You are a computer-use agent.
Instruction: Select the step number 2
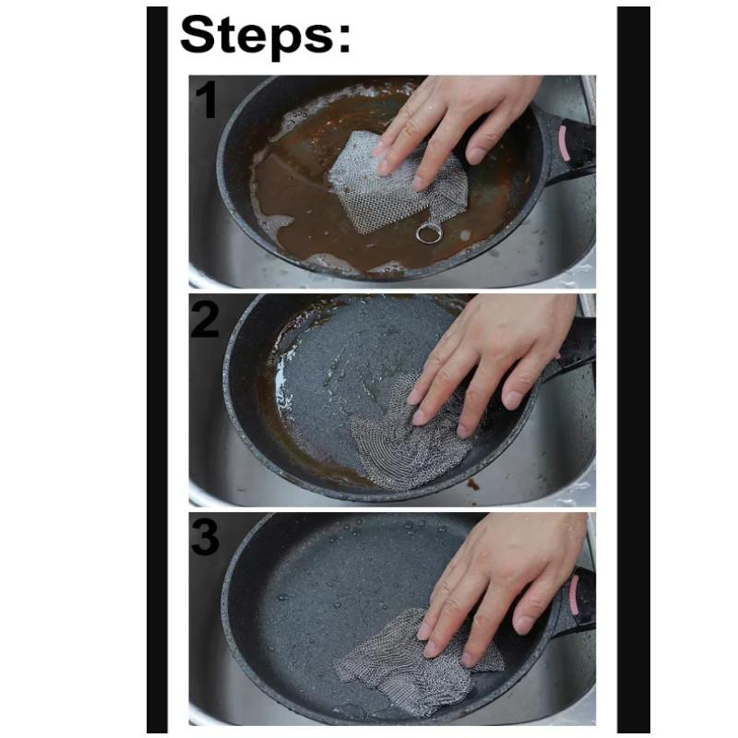click(205, 319)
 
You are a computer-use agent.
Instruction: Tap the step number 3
click(206, 536)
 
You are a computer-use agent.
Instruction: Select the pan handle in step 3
click(577, 600)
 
